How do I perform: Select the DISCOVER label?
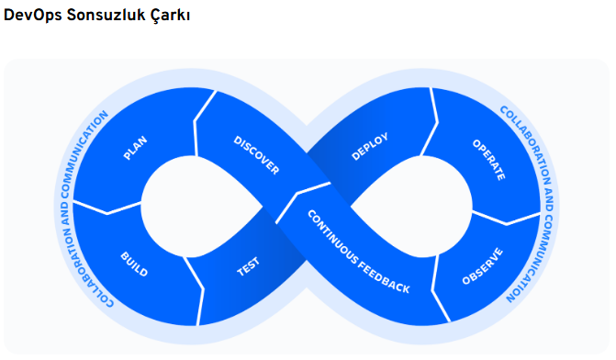256,155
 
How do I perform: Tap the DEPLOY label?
370,147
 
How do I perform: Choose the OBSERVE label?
482,264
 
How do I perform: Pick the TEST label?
249,266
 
